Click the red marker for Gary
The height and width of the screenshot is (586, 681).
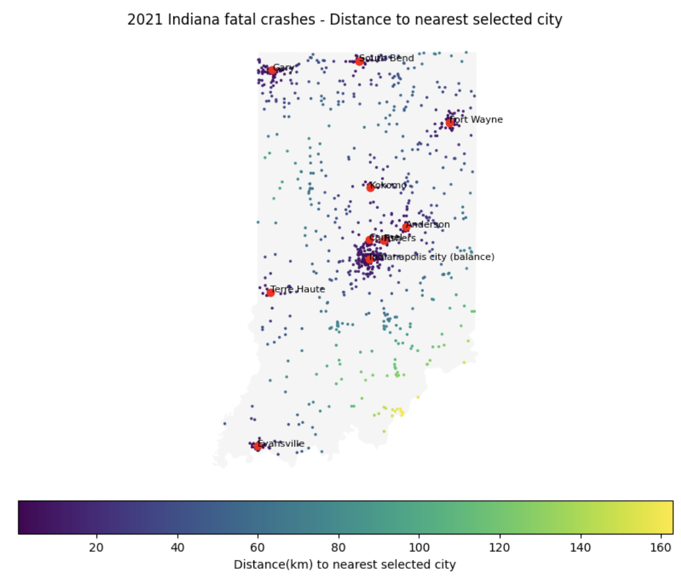click(x=272, y=70)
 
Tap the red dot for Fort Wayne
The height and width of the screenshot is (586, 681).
click(x=450, y=123)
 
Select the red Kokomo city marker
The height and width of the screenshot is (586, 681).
click(x=370, y=188)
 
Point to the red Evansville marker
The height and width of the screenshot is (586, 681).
click(x=258, y=446)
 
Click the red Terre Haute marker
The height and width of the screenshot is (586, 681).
click(x=270, y=292)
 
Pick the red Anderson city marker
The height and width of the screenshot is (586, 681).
click(x=406, y=227)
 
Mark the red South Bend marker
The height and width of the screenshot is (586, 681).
click(x=359, y=61)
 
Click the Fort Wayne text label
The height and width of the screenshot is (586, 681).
click(x=476, y=120)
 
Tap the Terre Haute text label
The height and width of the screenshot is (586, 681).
click(x=298, y=289)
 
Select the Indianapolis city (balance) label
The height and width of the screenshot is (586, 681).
click(x=432, y=257)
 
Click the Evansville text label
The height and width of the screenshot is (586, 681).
click(x=281, y=443)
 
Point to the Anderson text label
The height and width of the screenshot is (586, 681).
click(x=428, y=224)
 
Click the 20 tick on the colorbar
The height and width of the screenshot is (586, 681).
click(x=97, y=547)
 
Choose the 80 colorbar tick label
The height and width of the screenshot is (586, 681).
click(x=339, y=547)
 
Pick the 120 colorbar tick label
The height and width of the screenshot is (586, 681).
click(x=500, y=547)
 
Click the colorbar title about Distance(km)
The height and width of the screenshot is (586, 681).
click(x=345, y=565)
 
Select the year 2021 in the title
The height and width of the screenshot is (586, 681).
click(x=141, y=20)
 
